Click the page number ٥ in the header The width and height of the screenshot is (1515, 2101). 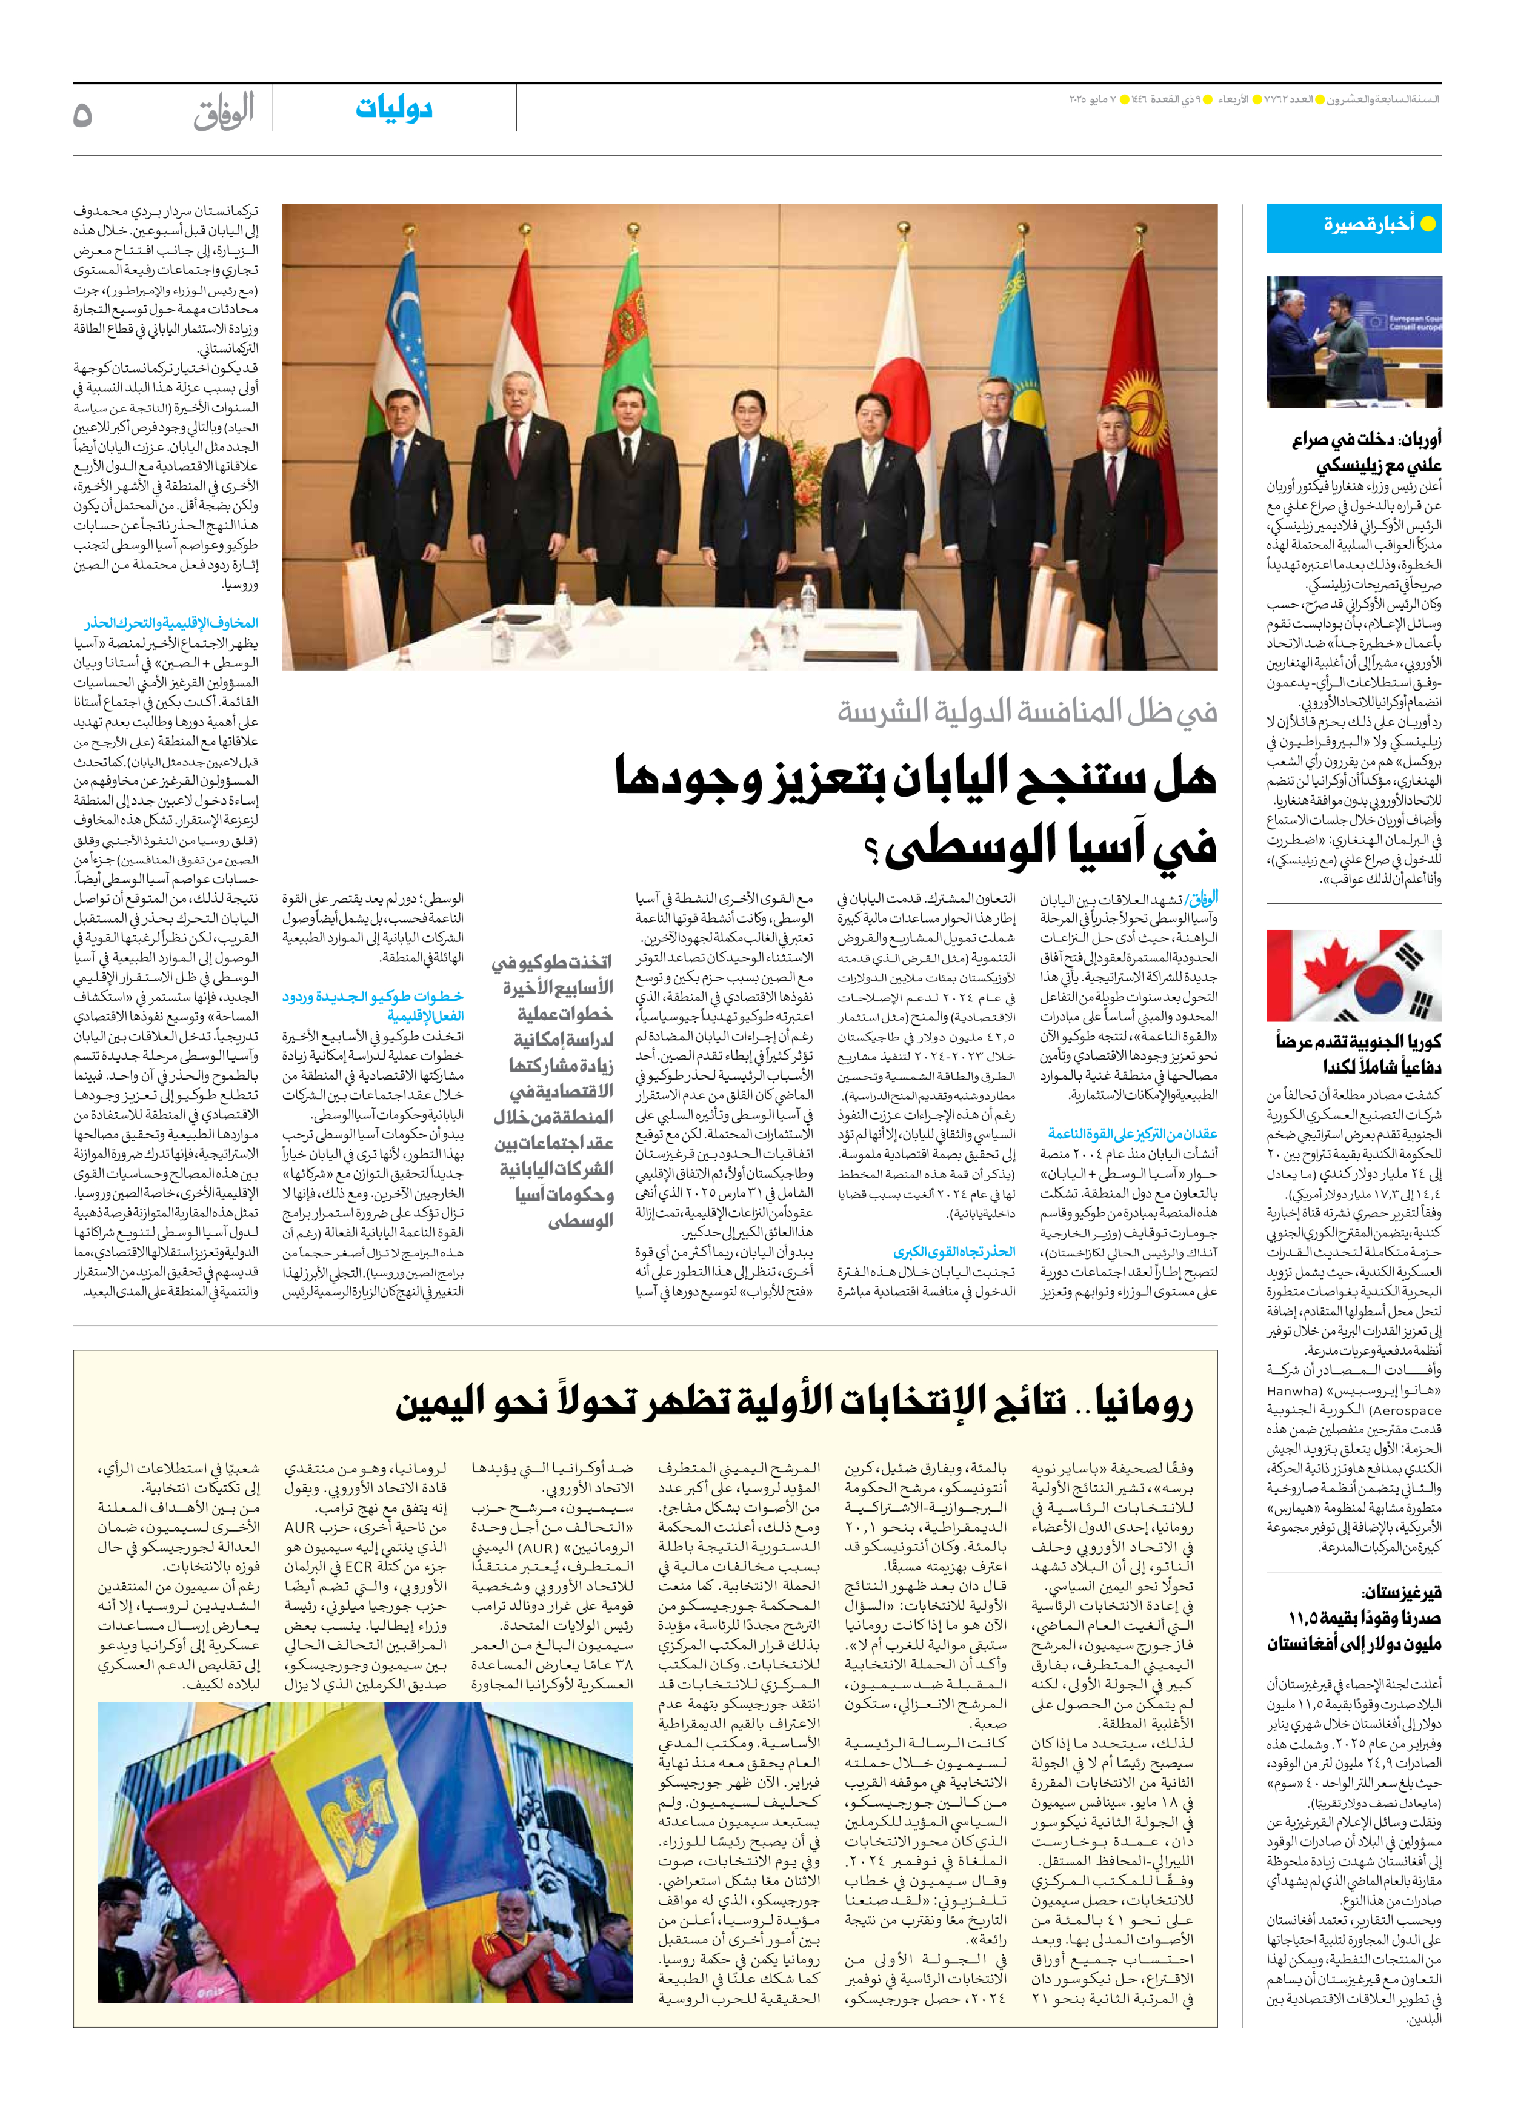pos(82,115)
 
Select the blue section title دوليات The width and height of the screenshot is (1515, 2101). pos(394,108)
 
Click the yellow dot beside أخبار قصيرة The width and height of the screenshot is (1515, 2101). pos(1428,224)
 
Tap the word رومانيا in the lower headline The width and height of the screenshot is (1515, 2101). pos(1144,1404)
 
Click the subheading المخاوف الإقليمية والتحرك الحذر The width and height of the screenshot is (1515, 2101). pos(171,623)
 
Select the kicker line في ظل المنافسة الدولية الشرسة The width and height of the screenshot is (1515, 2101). pos(1027,711)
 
